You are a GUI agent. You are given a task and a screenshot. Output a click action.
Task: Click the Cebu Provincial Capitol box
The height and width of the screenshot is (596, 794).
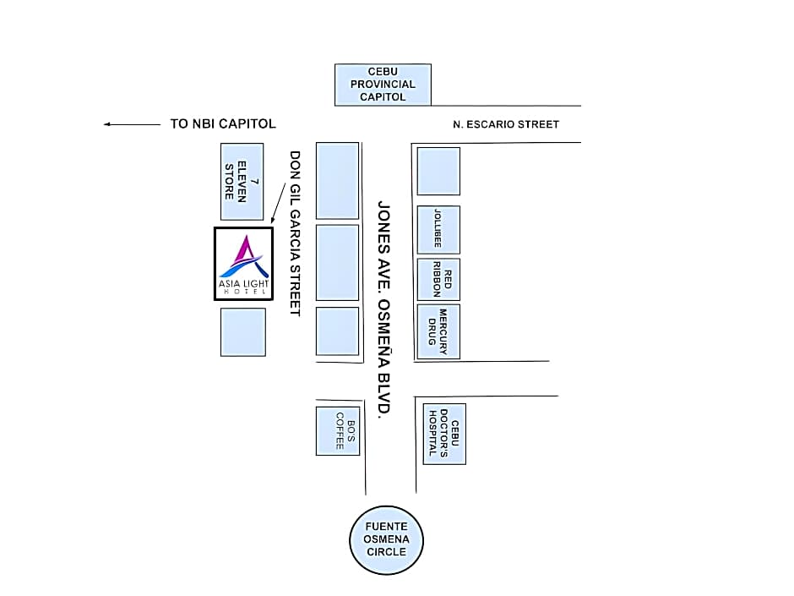(x=383, y=85)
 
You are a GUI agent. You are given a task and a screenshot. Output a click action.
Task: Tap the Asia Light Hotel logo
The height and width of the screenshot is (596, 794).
(x=243, y=264)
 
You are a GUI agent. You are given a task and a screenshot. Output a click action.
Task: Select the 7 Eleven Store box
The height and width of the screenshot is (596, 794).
(x=242, y=181)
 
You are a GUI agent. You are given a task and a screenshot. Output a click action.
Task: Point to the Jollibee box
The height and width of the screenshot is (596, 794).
(x=438, y=229)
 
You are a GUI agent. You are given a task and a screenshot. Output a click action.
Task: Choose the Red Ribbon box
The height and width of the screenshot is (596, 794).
(x=438, y=279)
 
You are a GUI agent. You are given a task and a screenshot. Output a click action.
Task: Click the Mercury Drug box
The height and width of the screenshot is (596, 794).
(x=438, y=331)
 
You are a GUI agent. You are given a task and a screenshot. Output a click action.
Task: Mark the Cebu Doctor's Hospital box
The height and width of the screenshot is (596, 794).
(x=444, y=433)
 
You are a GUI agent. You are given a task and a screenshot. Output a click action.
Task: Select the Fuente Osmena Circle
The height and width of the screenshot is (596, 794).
(x=386, y=539)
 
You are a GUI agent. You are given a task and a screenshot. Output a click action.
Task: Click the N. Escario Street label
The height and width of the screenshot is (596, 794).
(x=506, y=124)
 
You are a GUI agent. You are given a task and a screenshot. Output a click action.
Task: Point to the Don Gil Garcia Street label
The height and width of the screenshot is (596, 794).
(x=295, y=233)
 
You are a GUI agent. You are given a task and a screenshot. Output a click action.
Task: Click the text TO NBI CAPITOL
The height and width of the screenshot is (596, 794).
(x=223, y=123)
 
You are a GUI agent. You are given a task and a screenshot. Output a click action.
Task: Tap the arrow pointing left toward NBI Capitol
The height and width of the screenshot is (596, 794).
(x=132, y=124)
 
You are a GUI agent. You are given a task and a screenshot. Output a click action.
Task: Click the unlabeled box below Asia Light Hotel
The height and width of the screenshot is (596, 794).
(x=243, y=331)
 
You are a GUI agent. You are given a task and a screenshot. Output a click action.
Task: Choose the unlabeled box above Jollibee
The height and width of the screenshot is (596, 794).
(x=438, y=171)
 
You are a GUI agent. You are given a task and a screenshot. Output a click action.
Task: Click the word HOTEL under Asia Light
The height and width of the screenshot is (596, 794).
(x=243, y=293)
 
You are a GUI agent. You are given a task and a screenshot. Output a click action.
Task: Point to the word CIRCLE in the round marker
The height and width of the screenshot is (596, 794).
(x=386, y=552)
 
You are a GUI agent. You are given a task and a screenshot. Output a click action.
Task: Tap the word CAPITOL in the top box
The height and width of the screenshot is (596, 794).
(x=383, y=97)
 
